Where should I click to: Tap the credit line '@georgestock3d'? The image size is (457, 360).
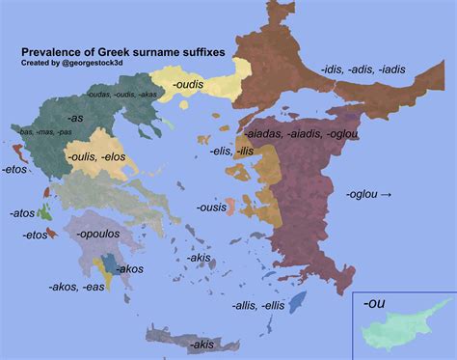(x=94, y=63)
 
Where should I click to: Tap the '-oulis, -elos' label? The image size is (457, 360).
(x=96, y=156)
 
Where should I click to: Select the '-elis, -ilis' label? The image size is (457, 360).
(x=231, y=151)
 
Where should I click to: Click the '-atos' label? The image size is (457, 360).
(x=22, y=212)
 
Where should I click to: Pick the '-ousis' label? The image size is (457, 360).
(x=212, y=208)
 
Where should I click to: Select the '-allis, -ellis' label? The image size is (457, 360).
(x=258, y=305)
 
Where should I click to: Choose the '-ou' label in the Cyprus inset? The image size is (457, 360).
(x=375, y=303)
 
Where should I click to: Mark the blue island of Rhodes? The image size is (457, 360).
(x=297, y=302)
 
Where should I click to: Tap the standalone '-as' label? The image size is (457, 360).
(x=74, y=116)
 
